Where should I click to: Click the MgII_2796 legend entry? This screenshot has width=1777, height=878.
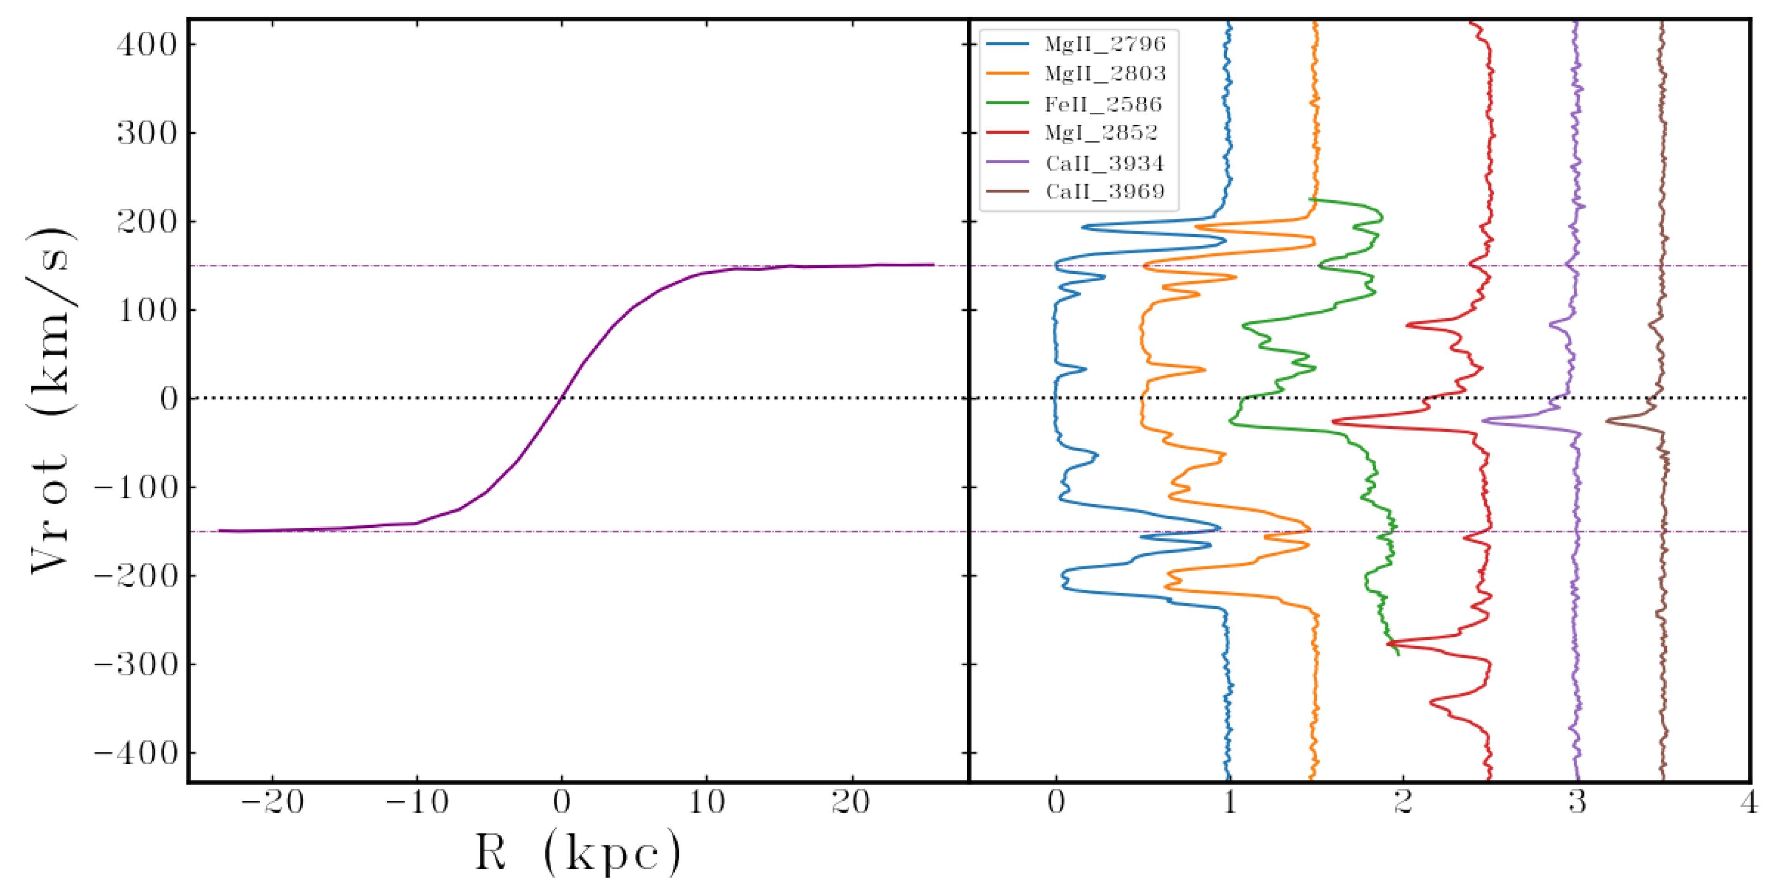pos(1104,44)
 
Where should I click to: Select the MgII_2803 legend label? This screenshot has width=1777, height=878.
pos(1104,73)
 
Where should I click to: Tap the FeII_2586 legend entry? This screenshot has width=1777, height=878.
pos(1102,104)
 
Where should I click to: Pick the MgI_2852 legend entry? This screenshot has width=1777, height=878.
pos(1100,132)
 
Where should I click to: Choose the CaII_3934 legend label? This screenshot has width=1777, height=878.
pos(1104,163)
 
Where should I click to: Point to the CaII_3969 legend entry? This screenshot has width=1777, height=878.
pos(1104,191)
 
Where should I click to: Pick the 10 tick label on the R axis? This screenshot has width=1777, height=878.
pos(706,803)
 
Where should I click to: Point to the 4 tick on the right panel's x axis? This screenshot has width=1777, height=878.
pos(1749,803)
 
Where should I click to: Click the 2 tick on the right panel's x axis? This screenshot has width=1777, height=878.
pos(1403,803)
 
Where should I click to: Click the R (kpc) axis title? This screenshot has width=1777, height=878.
pos(578,853)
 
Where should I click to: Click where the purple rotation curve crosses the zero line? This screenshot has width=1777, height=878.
pos(562,398)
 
